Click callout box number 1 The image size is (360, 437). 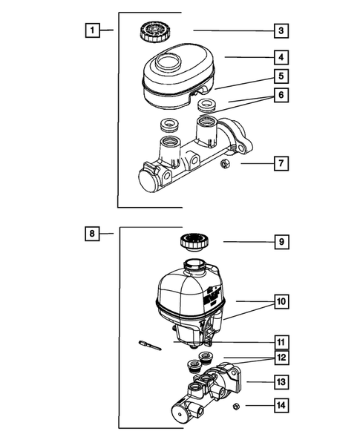tap(92, 30)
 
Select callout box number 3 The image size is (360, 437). tap(281, 30)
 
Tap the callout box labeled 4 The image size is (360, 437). tap(281, 57)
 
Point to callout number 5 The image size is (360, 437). tap(281, 76)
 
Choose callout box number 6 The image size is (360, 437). tap(281, 95)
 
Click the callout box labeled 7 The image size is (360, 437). tap(281, 163)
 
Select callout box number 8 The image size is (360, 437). tap(92, 233)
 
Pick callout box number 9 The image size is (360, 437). tap(281, 242)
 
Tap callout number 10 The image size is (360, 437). tap(281, 301)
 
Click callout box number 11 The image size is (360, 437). tap(281, 343)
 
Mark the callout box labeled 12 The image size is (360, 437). tap(281, 358)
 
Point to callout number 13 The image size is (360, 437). tap(281, 382)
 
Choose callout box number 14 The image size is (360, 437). tap(281, 406)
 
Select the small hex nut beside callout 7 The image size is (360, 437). tap(225, 163)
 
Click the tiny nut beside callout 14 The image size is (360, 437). tap(236, 407)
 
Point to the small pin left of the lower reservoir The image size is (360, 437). tap(150, 345)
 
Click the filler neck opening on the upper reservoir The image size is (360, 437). tap(168, 62)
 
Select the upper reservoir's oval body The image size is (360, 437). tap(178, 76)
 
